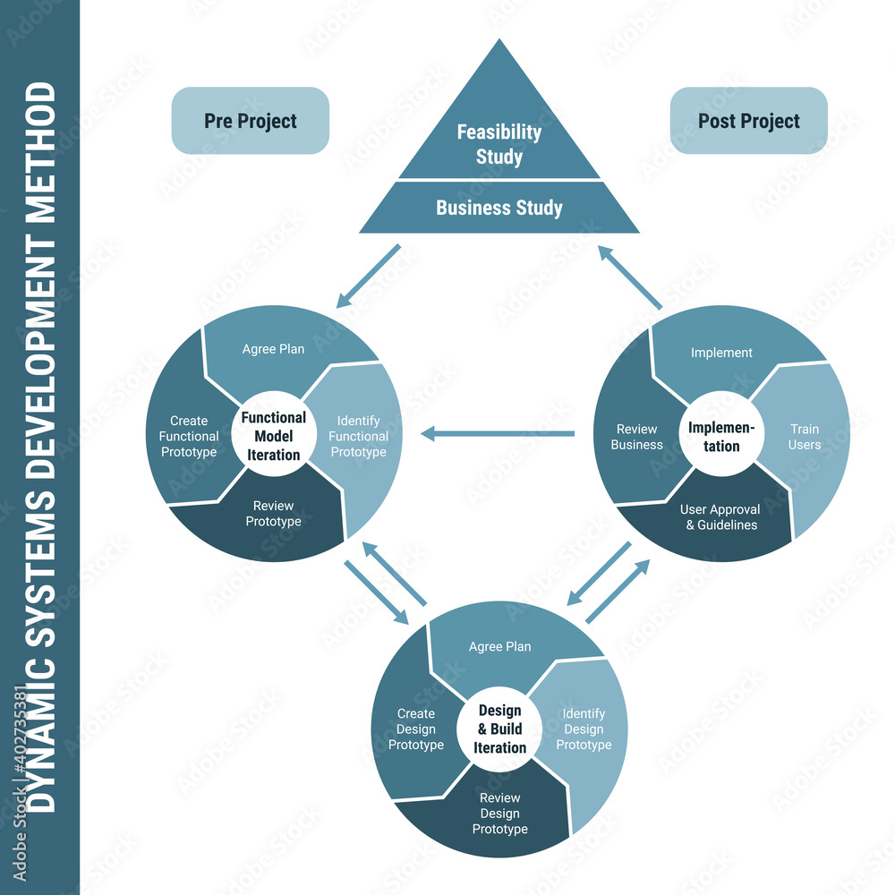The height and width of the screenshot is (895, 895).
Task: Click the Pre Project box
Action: [x=250, y=121]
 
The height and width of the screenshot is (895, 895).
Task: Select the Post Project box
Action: [x=748, y=121]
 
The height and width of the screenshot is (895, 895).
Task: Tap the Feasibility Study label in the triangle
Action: [x=499, y=143]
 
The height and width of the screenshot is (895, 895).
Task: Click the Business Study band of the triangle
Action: [x=499, y=208]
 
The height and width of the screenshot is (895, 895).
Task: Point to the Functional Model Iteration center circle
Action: [x=273, y=436]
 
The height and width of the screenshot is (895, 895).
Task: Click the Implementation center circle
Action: [x=721, y=437]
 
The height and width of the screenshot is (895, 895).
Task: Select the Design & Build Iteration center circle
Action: [x=499, y=729]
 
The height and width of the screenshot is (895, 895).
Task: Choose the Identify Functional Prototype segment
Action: [x=359, y=436]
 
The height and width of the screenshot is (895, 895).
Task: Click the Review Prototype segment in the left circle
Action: [x=273, y=514]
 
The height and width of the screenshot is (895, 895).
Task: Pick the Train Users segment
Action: [x=805, y=437]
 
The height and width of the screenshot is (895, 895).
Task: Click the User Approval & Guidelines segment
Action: [x=721, y=517]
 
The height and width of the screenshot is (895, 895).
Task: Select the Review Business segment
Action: [x=636, y=437]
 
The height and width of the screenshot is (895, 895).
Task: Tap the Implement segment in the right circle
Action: [x=721, y=353]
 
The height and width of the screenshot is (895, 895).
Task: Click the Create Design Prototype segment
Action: [x=415, y=729]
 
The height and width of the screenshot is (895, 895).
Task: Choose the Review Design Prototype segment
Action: [x=499, y=813]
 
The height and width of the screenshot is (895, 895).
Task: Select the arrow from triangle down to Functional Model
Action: [x=368, y=276]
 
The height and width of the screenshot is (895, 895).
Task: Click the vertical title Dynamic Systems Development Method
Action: [x=40, y=447]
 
